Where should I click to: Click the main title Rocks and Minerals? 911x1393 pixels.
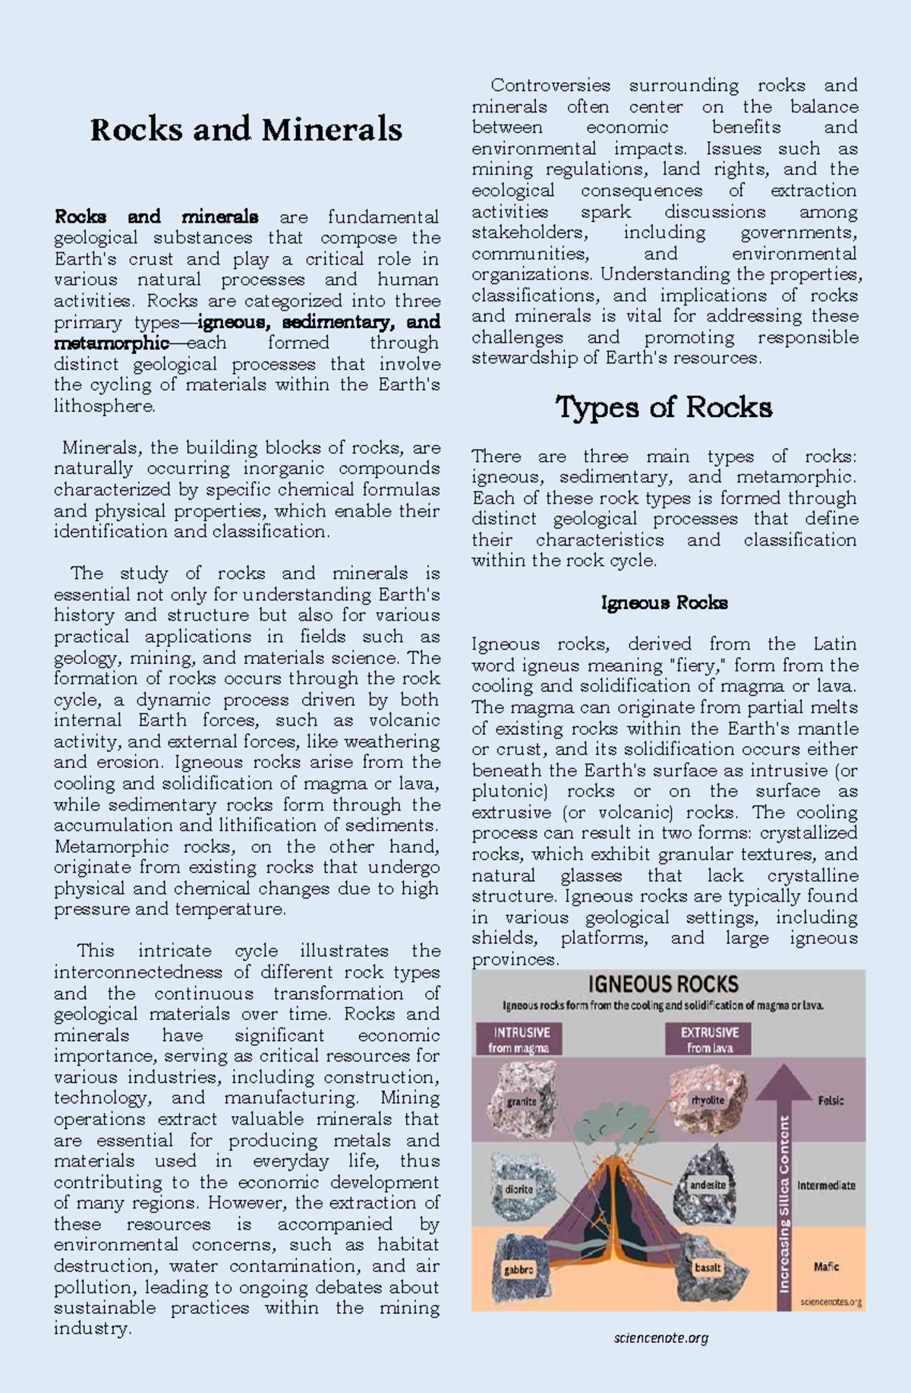[x=246, y=129]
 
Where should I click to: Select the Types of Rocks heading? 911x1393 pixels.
[x=664, y=407]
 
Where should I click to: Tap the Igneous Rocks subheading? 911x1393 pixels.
[x=664, y=603]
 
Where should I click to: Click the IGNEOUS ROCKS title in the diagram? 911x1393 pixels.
[x=663, y=985]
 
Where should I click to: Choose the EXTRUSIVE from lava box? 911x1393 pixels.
[x=709, y=1039]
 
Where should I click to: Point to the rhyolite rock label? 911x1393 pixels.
[x=708, y=1099]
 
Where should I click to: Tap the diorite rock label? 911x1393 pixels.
[x=519, y=1189]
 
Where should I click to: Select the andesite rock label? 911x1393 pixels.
[x=708, y=1184]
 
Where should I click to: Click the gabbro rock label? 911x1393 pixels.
[x=519, y=1269]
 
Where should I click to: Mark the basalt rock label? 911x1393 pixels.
[x=708, y=1267]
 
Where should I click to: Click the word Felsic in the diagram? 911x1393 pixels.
[x=831, y=1101]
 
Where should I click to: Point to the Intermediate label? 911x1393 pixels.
[x=826, y=1185]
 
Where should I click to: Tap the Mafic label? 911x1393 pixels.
[x=826, y=1266]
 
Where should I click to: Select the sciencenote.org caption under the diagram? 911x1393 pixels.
[x=660, y=1338]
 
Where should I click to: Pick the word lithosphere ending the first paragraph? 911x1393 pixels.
[x=103, y=406]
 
